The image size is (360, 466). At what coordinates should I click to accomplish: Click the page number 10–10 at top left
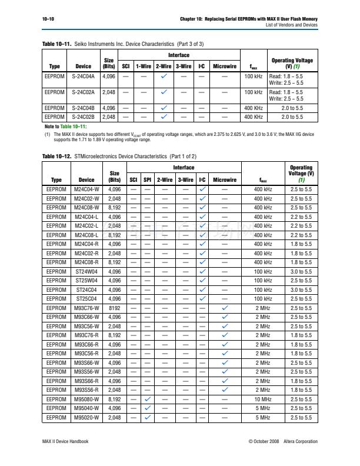(x=49, y=19)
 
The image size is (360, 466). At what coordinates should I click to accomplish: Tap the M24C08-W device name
(x=86, y=208)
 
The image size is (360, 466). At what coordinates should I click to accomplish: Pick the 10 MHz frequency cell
(x=263, y=399)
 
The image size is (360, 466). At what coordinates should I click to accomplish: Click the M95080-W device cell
(x=86, y=399)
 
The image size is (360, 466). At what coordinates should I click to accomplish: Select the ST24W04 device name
(x=86, y=271)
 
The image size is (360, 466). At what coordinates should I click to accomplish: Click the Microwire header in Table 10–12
(x=225, y=180)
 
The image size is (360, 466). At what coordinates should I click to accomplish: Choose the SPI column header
(x=148, y=180)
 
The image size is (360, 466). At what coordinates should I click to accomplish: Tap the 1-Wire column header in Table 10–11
(x=144, y=66)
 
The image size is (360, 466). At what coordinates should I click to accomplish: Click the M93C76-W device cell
(x=86, y=308)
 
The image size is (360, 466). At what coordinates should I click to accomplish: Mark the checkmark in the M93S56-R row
(x=225, y=390)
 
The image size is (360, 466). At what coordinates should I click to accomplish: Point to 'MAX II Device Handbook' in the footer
(x=66, y=441)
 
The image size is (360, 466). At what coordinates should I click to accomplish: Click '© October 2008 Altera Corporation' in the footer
(x=283, y=441)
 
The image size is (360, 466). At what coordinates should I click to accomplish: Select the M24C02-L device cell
(x=86, y=226)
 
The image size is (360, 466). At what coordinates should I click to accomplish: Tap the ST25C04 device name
(x=86, y=299)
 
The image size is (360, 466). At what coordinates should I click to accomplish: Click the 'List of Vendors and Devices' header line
(x=291, y=25)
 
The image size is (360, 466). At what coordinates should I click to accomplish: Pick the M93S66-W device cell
(x=86, y=362)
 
